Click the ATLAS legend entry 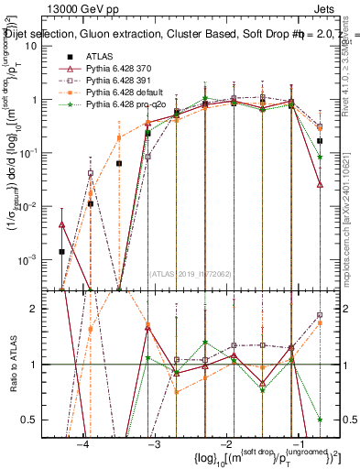(99, 58)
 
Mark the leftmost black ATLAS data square (61, 251)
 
